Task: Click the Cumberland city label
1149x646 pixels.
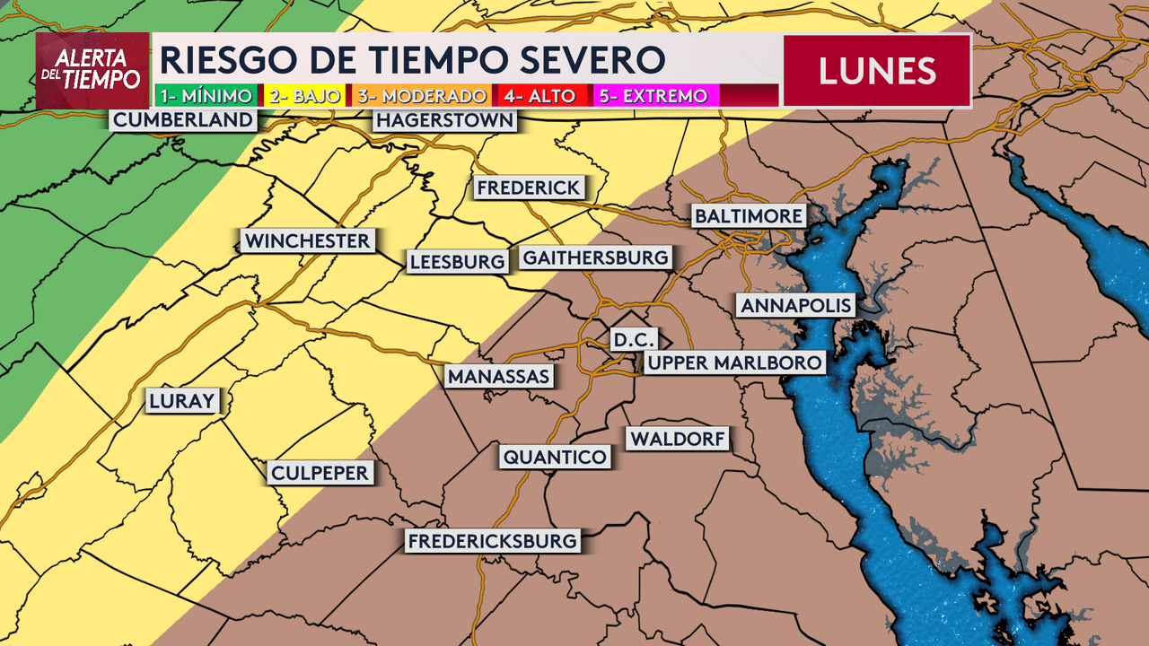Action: coord(183,120)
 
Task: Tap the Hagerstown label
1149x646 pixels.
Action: coord(445,120)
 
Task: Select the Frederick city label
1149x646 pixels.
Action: coord(530,188)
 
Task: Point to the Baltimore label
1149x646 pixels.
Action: coord(748,216)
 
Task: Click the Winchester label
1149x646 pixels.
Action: coord(307,240)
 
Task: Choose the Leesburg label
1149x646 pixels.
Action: coord(457,261)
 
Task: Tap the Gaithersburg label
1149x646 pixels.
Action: coord(595,258)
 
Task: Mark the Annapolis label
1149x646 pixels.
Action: coord(795,305)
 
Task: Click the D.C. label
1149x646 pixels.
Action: coord(634,340)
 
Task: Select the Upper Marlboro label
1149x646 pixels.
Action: coord(733,362)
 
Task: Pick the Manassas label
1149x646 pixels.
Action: coord(499,376)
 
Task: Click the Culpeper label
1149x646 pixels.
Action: coord(320,473)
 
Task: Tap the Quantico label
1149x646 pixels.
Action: coord(555,457)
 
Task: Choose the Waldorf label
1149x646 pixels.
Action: coord(678,439)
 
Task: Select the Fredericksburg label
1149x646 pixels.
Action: coord(492,541)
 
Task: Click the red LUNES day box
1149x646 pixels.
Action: coord(877,71)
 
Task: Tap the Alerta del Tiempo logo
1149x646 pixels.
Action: coord(92,71)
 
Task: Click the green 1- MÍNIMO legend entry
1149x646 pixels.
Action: coord(206,95)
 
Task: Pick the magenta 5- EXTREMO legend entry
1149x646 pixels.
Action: coord(652,95)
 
